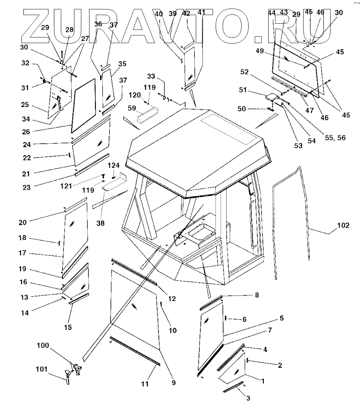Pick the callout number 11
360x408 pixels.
145,383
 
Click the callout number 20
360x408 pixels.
22,223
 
